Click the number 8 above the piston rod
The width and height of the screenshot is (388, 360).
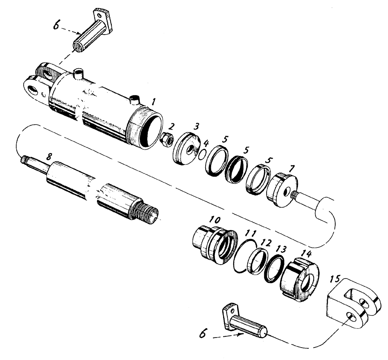tap(48, 157)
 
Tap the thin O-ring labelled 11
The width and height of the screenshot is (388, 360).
tap(245, 256)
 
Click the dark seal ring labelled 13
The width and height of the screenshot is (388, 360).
tap(275, 268)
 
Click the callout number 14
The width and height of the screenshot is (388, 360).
tap(306, 254)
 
